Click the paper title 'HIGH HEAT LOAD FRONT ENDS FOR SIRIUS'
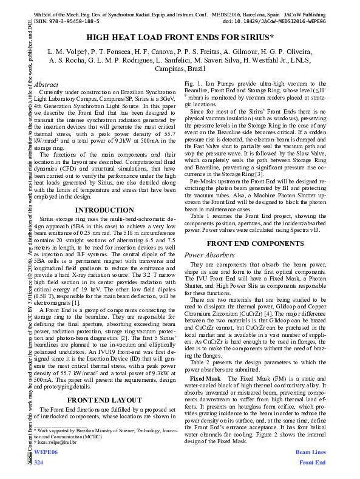(180, 37)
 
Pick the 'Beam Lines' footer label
(310, 453)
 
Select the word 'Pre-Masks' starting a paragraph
(204, 199)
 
